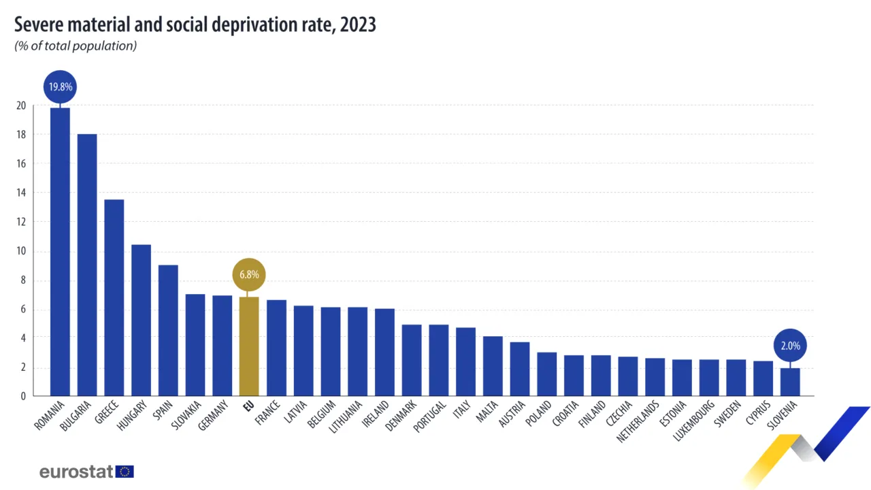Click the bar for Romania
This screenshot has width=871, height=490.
pyautogui.click(x=60, y=252)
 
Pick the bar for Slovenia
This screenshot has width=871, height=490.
pyautogui.click(x=789, y=382)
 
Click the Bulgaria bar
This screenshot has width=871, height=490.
pyautogui.click(x=87, y=265)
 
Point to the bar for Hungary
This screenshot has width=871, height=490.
pyautogui.click(x=141, y=320)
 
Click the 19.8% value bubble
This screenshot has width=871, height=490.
pyautogui.click(x=60, y=87)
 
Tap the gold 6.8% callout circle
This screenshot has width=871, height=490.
pyautogui.click(x=249, y=276)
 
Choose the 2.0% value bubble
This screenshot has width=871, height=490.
pyautogui.click(x=790, y=346)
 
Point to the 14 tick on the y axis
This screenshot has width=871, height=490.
pyautogui.click(x=21, y=193)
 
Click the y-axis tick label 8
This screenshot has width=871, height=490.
pyautogui.click(x=23, y=280)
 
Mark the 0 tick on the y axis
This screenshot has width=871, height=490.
pyautogui.click(x=23, y=396)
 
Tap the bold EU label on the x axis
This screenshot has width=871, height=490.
pyautogui.click(x=248, y=408)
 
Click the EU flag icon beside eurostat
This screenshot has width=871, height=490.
pyautogui.click(x=125, y=472)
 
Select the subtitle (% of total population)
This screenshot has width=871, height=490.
pyautogui.click(x=76, y=46)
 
